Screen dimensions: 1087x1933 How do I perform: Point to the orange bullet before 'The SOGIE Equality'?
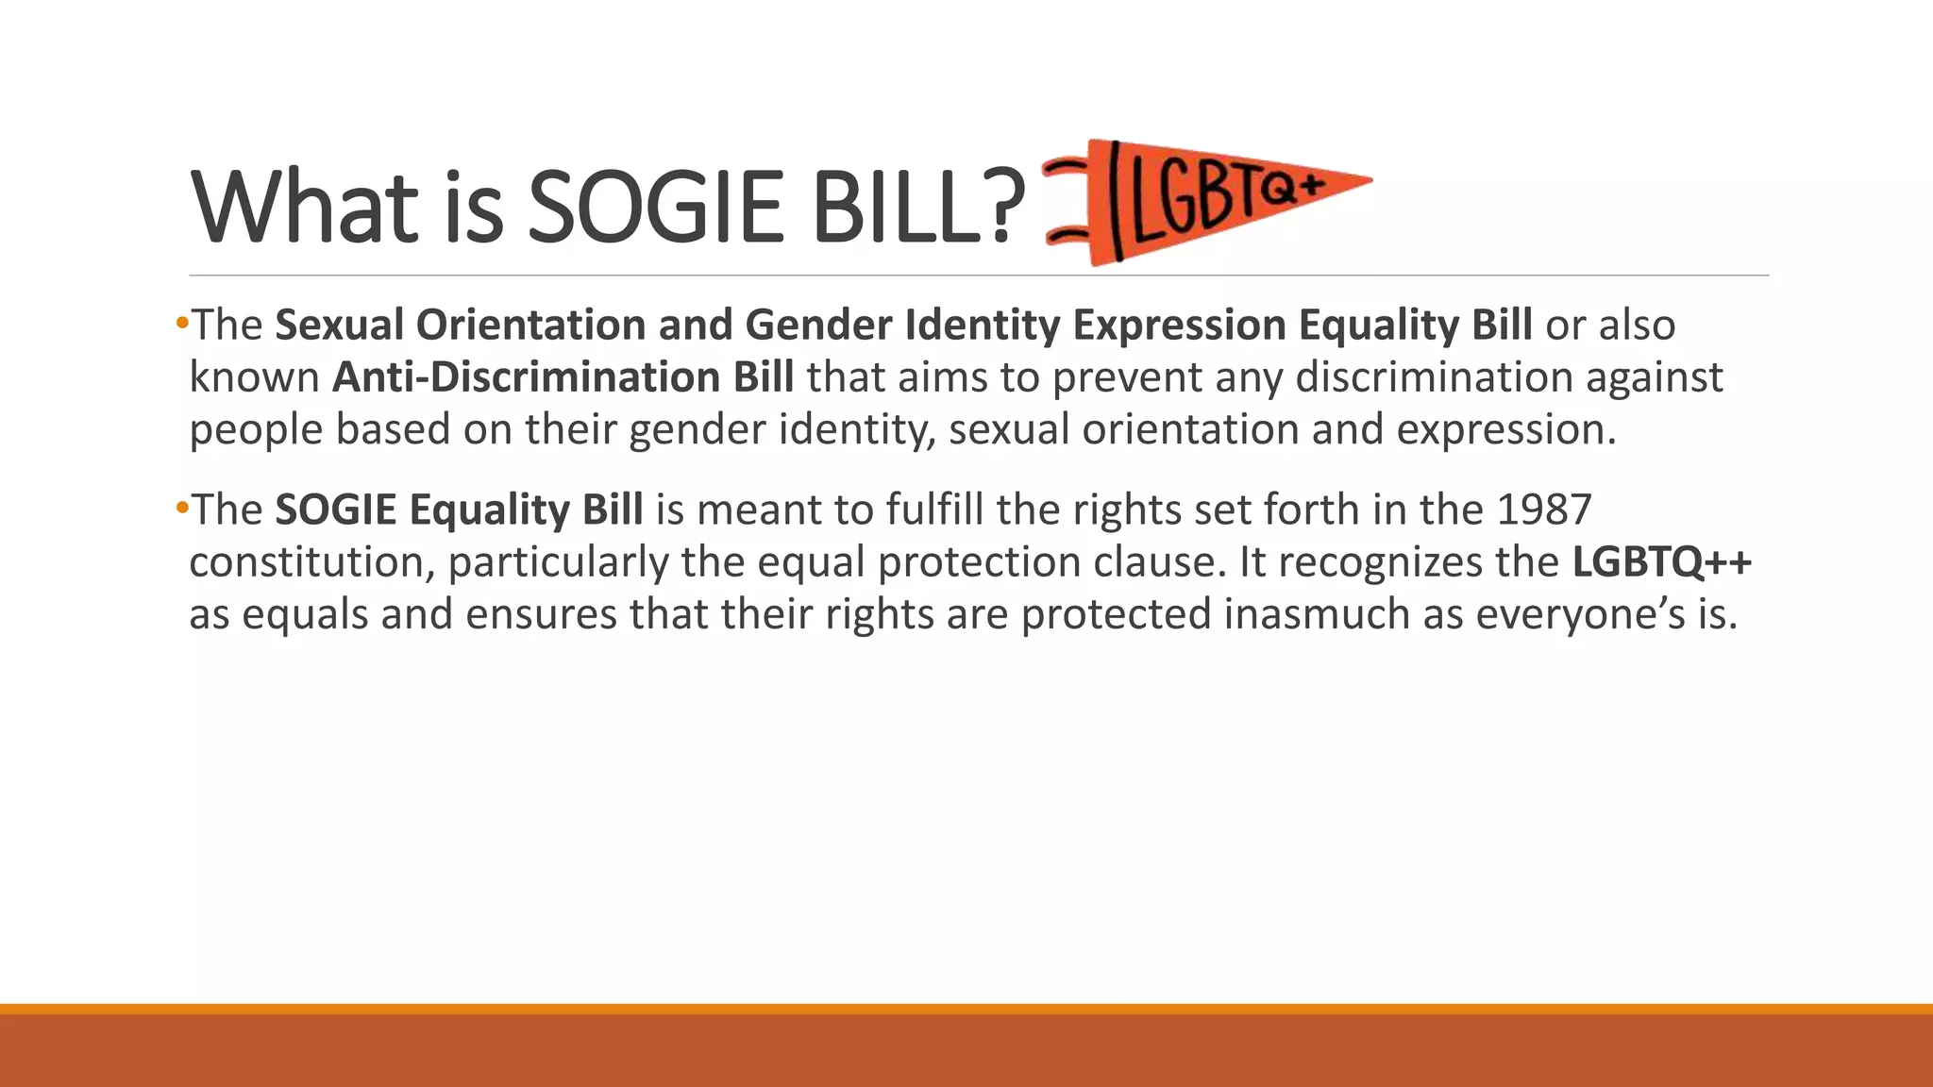tap(181, 510)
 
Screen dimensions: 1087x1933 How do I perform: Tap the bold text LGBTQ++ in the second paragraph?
tap(1661, 562)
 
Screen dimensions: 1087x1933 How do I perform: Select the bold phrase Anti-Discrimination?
tap(523, 377)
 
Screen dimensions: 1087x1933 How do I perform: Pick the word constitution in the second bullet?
tap(311, 562)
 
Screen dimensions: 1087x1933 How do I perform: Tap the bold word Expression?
tap(1179, 326)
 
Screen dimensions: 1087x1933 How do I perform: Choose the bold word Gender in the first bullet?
tap(817, 326)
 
